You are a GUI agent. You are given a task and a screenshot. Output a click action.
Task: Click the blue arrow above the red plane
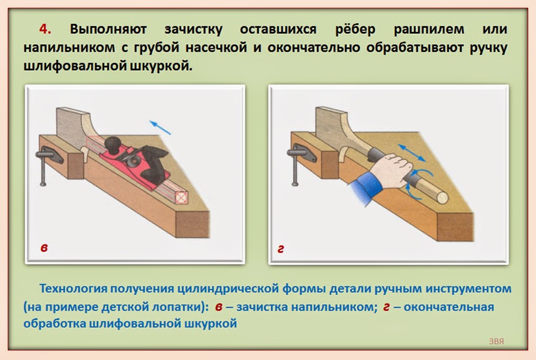160,127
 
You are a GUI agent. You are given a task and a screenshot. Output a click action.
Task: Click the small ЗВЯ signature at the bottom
496,342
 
